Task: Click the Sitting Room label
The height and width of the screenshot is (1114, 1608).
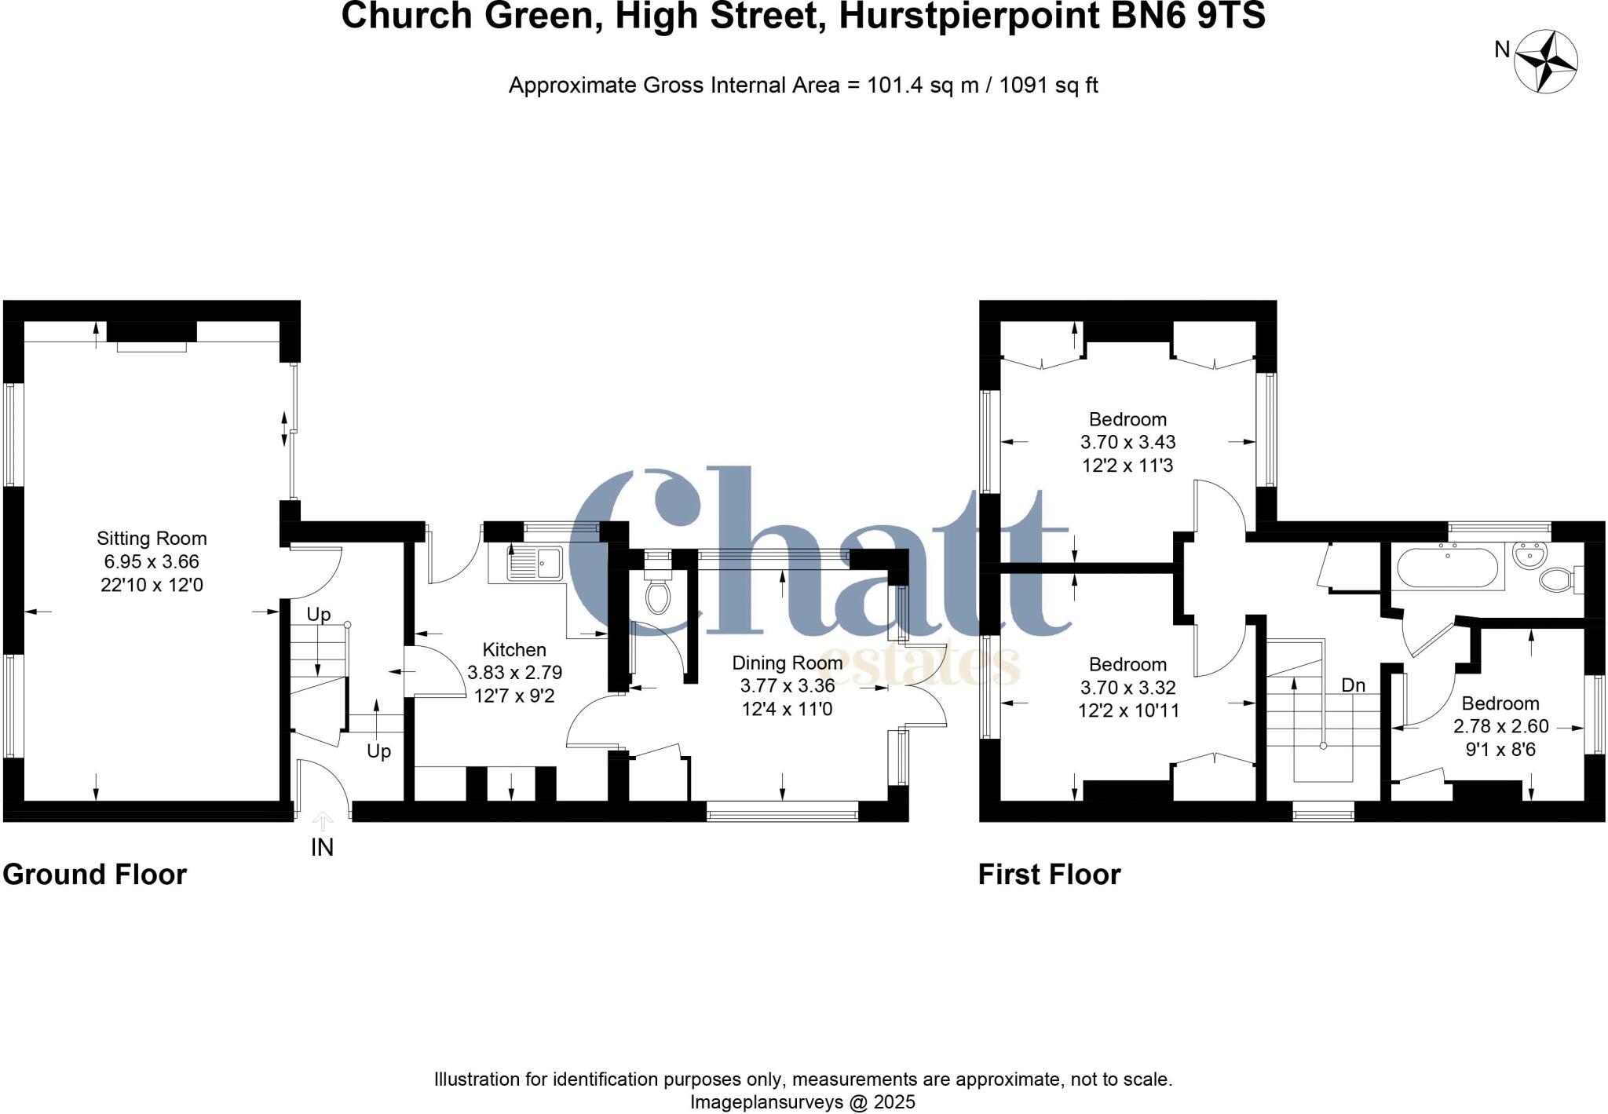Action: click(x=152, y=539)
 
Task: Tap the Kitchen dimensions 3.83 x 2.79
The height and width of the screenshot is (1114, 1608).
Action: click(x=514, y=673)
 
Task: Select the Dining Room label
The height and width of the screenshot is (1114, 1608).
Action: click(x=787, y=663)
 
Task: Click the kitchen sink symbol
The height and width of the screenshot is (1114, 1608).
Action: click(x=536, y=563)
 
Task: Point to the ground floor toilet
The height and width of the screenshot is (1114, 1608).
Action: click(x=657, y=593)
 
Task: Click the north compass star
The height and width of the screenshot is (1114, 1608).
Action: click(x=1545, y=61)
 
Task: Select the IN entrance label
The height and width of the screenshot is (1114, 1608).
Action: click(x=322, y=848)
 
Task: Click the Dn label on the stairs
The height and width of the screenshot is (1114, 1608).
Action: click(x=1353, y=685)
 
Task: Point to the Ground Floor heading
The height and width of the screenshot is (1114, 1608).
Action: click(x=95, y=875)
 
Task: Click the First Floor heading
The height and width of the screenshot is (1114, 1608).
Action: click(x=1049, y=875)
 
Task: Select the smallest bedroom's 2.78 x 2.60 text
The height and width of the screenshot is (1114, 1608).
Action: click(x=1500, y=726)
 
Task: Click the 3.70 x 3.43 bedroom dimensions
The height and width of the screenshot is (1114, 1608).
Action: click(x=1127, y=442)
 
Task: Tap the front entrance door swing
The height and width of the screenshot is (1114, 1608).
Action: click(x=323, y=781)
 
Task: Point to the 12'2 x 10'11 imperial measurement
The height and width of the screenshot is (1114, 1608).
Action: click(x=1127, y=710)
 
